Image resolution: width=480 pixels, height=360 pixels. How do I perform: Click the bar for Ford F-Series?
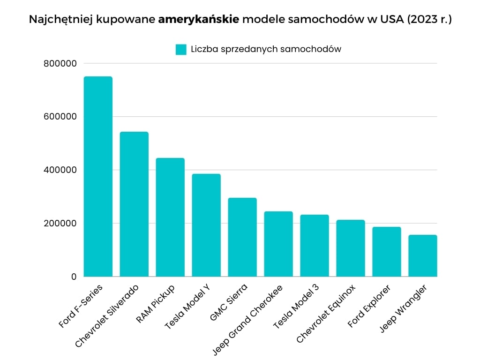[98, 176]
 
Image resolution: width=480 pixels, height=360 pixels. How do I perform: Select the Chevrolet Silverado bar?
[134, 204]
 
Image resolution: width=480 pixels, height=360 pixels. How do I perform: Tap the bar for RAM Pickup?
[170, 217]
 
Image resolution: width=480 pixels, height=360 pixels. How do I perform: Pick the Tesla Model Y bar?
[206, 225]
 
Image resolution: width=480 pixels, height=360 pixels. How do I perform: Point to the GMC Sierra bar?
[242, 237]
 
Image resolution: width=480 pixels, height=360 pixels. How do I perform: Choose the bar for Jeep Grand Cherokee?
[278, 244]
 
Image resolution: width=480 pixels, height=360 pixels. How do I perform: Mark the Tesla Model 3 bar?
[315, 246]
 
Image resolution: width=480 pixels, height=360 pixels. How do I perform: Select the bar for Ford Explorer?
[387, 252]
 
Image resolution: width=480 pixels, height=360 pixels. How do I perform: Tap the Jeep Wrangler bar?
[423, 255]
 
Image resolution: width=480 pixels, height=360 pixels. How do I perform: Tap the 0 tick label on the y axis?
[74, 277]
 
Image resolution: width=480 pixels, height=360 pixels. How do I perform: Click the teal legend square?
[181, 49]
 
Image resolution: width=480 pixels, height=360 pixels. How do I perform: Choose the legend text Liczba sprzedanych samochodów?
[266, 49]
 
